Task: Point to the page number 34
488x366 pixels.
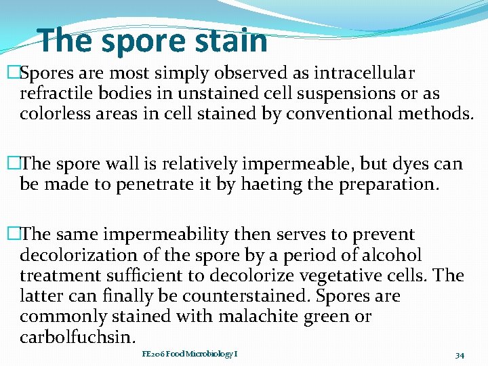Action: pyautogui.click(x=460, y=354)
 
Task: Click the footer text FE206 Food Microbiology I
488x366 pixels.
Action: pyautogui.click(x=189, y=354)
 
